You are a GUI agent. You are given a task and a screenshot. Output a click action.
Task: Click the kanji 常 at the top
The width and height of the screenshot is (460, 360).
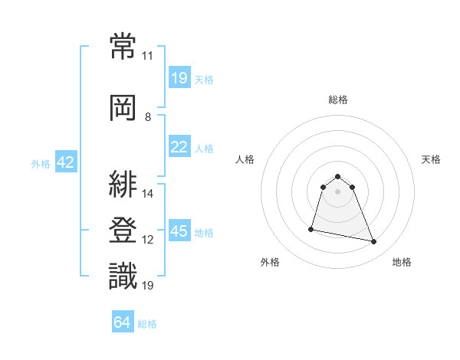123,46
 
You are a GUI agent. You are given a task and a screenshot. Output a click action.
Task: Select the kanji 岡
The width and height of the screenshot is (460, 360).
123,108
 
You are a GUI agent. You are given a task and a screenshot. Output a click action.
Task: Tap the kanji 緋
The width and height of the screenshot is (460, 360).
123,184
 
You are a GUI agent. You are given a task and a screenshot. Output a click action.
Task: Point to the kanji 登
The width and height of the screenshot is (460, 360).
123,230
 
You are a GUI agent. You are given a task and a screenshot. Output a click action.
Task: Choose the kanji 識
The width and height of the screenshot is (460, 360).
123,276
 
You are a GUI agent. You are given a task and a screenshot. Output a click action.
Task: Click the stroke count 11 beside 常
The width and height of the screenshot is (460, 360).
147,56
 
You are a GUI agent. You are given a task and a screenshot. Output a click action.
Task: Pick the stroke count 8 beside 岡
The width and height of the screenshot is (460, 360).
148,117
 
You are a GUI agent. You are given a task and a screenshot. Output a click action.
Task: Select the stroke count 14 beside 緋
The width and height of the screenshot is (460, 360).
147,194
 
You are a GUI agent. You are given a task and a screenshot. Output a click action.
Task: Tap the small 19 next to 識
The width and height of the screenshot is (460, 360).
147,285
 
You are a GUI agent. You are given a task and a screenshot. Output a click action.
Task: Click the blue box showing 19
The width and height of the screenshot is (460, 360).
179,77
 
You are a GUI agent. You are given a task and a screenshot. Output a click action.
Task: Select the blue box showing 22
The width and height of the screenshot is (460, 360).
179,146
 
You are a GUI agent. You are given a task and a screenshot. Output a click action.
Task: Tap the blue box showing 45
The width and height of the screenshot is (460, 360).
179,230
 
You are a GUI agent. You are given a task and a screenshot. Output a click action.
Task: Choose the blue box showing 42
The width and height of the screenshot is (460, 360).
66,162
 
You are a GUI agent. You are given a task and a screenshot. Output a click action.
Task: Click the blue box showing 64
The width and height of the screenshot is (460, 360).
123,321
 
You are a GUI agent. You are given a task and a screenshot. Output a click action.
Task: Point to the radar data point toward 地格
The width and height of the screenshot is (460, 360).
374,241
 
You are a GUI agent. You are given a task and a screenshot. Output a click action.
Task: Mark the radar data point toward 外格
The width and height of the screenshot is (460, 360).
311,229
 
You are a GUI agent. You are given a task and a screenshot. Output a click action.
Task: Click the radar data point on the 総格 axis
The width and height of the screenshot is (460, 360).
337,176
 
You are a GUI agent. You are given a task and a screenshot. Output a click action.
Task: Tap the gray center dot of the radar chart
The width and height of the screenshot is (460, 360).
337,191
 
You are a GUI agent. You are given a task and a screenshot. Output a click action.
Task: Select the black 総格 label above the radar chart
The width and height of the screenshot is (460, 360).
338,100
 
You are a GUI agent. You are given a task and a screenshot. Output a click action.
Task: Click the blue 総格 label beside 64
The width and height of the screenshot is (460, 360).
147,324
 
